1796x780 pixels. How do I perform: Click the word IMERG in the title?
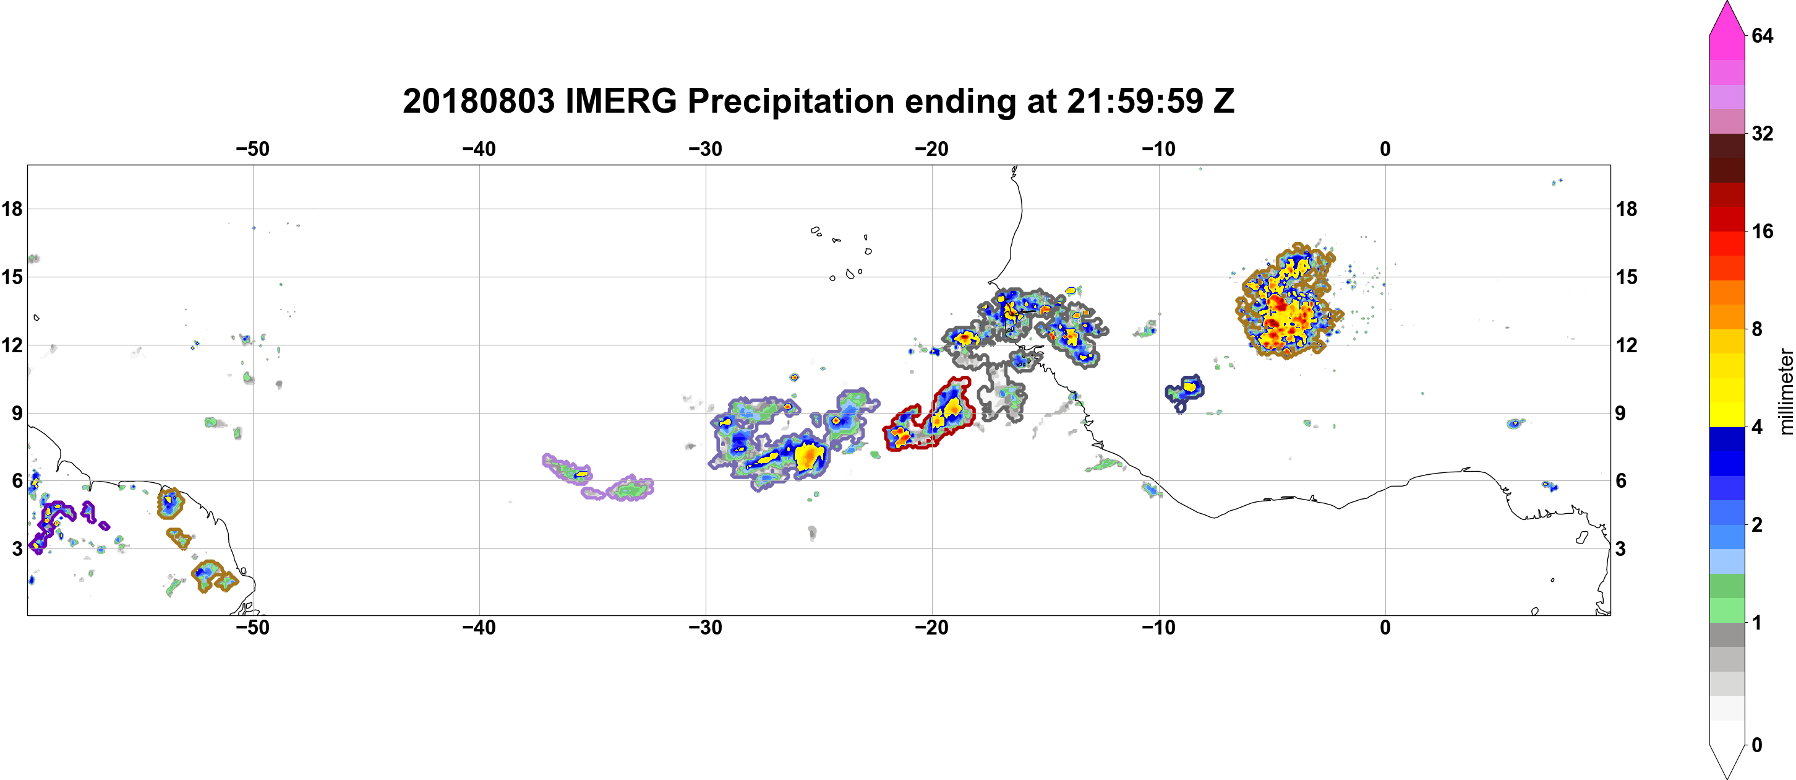(620, 101)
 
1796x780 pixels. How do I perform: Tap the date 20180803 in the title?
(479, 101)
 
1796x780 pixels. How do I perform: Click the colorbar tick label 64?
(1763, 35)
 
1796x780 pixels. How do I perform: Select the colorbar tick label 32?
(1763, 133)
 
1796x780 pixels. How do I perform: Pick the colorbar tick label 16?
(1763, 231)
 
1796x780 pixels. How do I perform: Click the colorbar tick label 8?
(1757, 329)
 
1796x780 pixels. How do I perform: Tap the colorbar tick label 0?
(1757, 745)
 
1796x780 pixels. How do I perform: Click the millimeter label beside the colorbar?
(1785, 391)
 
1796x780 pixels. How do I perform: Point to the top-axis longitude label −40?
(479, 149)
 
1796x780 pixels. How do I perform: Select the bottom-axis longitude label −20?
(931, 628)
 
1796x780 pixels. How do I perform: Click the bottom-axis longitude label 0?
(1385, 628)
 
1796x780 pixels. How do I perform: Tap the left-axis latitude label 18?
(12, 209)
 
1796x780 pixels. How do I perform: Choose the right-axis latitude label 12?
(1627, 345)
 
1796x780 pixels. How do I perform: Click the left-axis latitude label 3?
(17, 548)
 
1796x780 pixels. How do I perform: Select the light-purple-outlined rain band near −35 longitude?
(597, 479)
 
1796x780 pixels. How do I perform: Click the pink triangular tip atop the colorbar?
(1726, 17)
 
